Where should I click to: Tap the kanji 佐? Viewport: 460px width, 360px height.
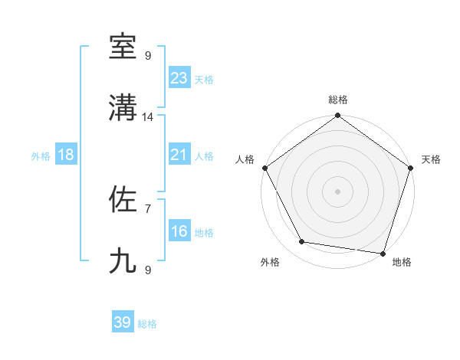tap(123, 200)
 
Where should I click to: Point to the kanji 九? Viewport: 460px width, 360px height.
tap(123, 261)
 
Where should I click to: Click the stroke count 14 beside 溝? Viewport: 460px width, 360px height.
tap(148, 117)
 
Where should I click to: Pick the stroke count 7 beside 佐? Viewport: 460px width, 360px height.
tap(148, 208)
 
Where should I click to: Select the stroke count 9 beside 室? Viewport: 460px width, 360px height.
tap(148, 55)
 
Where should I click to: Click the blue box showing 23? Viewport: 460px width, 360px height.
tap(179, 78)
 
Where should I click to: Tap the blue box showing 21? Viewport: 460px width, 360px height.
tap(179, 155)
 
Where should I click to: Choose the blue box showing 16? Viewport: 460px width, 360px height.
tap(179, 231)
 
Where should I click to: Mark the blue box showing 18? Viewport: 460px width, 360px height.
tap(66, 155)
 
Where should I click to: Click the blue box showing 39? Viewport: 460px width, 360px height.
tap(123, 322)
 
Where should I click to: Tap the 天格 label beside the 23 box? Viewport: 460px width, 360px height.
tap(204, 80)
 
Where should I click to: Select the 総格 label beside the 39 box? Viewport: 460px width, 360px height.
tap(147, 324)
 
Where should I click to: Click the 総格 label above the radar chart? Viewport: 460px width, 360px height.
tap(338, 100)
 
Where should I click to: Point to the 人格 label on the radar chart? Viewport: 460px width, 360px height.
tap(245, 159)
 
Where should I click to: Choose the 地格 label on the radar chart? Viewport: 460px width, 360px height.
tap(402, 262)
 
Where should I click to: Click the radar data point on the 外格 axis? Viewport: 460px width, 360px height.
tap(302, 242)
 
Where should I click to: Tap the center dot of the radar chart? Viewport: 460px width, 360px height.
tap(338, 191)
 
